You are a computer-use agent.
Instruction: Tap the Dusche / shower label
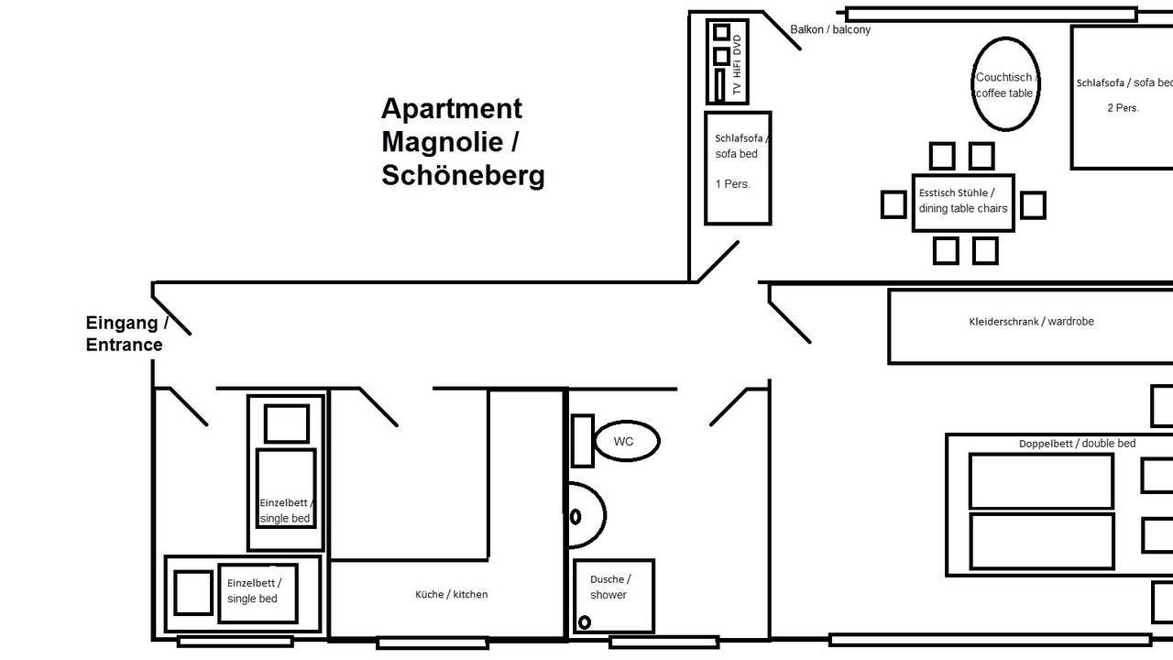(x=610, y=588)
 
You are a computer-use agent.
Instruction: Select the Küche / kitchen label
(x=452, y=595)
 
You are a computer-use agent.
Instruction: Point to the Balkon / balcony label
(x=830, y=30)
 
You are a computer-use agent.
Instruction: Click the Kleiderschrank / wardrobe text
(x=1031, y=322)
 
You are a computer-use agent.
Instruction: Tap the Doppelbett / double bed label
(x=1077, y=444)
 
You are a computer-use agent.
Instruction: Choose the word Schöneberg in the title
(x=463, y=175)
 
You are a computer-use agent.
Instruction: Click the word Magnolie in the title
(x=443, y=141)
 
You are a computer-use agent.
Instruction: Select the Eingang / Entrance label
(x=126, y=334)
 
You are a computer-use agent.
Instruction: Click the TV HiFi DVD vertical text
(x=738, y=65)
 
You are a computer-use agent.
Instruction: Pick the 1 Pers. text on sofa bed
(x=732, y=184)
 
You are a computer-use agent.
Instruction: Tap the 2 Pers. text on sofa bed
(x=1123, y=108)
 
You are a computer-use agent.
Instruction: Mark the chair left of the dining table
(x=893, y=204)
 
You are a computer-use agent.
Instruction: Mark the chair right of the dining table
(x=1033, y=204)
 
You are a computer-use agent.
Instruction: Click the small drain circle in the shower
(x=585, y=622)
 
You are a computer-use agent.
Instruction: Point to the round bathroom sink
(x=606, y=515)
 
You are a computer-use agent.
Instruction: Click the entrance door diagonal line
(x=171, y=315)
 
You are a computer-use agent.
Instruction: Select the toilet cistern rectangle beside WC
(x=582, y=441)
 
